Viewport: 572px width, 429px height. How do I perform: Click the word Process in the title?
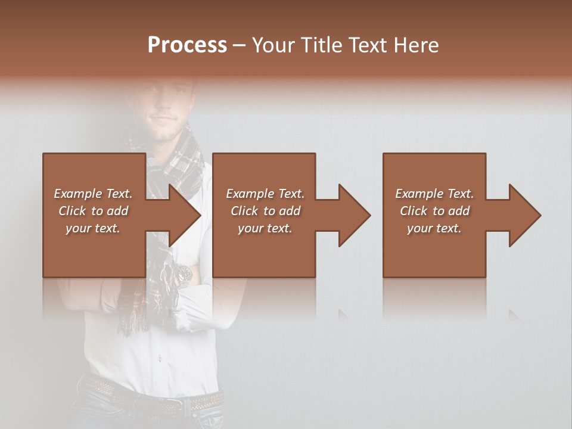[x=187, y=45]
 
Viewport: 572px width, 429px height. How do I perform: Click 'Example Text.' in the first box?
[x=93, y=194]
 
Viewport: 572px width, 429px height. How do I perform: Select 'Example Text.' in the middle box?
[x=265, y=194]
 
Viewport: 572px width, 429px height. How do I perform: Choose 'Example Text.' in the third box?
[x=434, y=194]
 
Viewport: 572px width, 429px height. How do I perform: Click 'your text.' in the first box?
[x=93, y=228]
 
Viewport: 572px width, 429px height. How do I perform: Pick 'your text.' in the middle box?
[x=265, y=228]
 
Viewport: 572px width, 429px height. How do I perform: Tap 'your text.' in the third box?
[x=434, y=228]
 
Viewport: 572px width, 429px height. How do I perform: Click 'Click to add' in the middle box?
[x=265, y=211]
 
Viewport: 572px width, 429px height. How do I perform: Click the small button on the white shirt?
[x=160, y=358]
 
